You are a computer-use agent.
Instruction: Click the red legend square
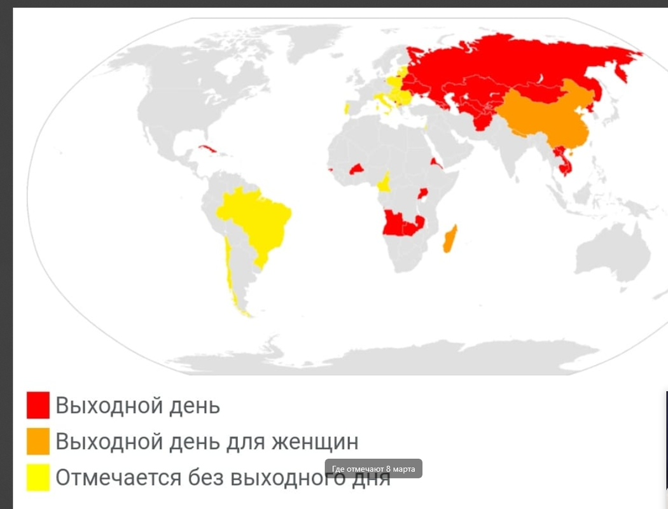pyautogui.click(x=38, y=405)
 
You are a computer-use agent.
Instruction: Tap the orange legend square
pyautogui.click(x=38, y=441)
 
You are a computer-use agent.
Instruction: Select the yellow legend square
pyautogui.click(x=38, y=477)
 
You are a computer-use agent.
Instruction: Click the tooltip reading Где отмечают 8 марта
pyautogui.click(x=373, y=469)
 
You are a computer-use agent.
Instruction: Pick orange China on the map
pyautogui.click(x=553, y=121)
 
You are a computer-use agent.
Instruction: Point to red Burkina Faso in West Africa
pyautogui.click(x=356, y=169)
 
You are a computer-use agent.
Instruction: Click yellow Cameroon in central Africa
pyautogui.click(x=384, y=183)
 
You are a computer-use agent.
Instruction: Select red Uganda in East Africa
pyautogui.click(x=422, y=193)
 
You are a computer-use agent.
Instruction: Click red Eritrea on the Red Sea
pyautogui.click(x=435, y=163)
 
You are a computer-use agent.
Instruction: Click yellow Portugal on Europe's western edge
pyautogui.click(x=347, y=108)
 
